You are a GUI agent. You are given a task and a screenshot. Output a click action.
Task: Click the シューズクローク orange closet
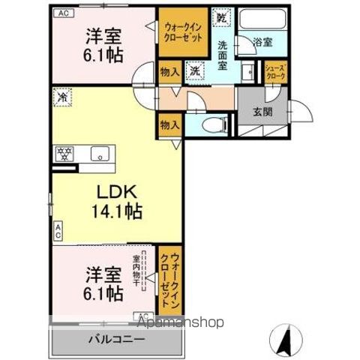coord(274,73)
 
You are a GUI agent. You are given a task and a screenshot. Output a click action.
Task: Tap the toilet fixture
coord(213,125)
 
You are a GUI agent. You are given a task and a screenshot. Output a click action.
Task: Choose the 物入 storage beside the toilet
coord(169,125)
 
